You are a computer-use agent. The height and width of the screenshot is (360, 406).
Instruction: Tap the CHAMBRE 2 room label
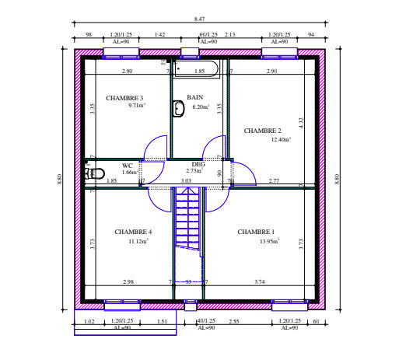[x=263, y=131]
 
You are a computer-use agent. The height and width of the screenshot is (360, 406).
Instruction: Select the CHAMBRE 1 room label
[x=256, y=232]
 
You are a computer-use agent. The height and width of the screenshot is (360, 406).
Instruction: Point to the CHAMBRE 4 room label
[x=133, y=232]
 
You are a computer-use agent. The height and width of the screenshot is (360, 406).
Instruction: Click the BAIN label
[x=194, y=97]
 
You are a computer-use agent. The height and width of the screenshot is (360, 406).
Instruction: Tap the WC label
[x=128, y=165]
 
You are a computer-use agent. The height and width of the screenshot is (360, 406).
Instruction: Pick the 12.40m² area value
[x=281, y=140]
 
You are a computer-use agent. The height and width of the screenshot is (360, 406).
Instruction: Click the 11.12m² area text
[x=138, y=242]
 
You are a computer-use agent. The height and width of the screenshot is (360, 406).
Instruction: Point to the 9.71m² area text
[x=138, y=106]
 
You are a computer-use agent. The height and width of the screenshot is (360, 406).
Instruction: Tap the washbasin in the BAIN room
[x=178, y=107]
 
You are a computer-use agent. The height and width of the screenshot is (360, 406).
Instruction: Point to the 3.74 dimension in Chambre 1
[x=259, y=281]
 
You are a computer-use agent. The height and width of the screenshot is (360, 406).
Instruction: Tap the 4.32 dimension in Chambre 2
[x=311, y=121]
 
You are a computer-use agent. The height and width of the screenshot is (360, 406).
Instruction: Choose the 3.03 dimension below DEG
[x=186, y=180]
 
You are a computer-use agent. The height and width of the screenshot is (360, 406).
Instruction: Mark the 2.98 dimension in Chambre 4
[x=128, y=281]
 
